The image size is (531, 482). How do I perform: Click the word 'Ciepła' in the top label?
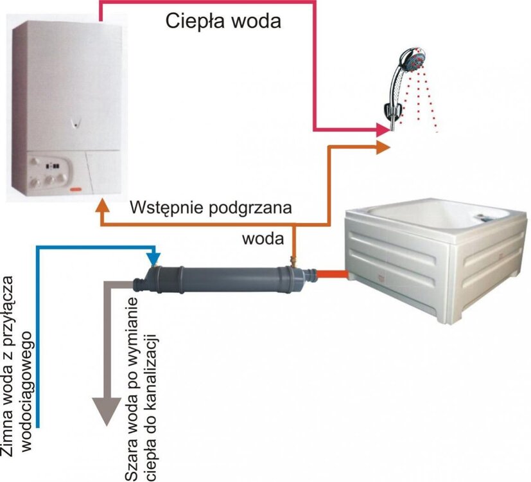[193, 21]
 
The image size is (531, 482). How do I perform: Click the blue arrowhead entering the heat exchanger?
[153, 258]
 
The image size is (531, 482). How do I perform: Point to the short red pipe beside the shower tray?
[333, 275]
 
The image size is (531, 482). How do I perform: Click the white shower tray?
[437, 263]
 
